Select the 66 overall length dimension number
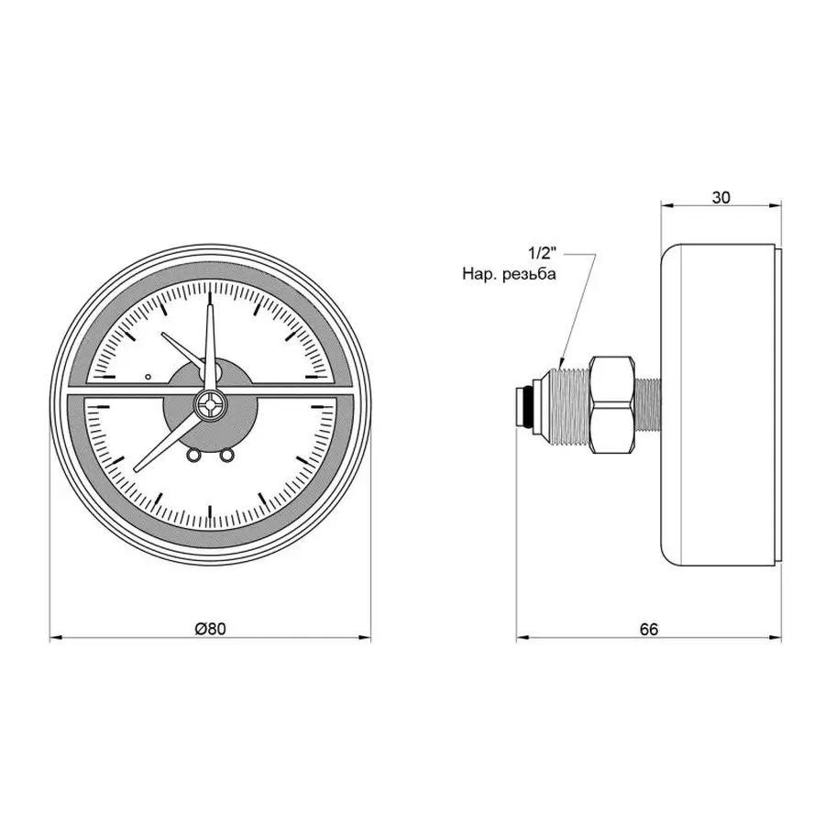click(x=649, y=630)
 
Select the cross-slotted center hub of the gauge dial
click(x=211, y=405)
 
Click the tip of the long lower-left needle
click(x=137, y=470)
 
